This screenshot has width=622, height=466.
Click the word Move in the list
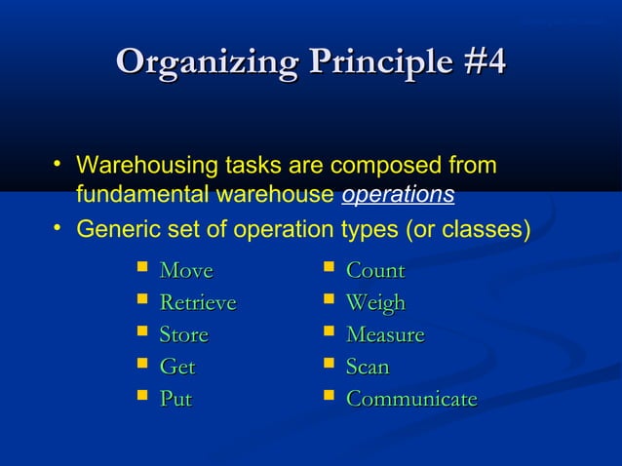point(185,271)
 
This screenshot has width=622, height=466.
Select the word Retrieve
point(197,303)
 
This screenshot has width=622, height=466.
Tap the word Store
point(183,335)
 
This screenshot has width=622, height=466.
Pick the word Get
point(176,368)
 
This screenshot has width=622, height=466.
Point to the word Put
point(175,400)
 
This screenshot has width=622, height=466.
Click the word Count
point(375,271)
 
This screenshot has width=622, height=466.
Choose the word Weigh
point(375,303)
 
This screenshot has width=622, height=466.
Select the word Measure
point(385,335)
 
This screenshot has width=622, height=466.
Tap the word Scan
point(368,368)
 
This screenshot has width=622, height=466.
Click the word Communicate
point(411,400)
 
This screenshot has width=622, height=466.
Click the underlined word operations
point(398,195)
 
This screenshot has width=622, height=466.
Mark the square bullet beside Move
point(142,268)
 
